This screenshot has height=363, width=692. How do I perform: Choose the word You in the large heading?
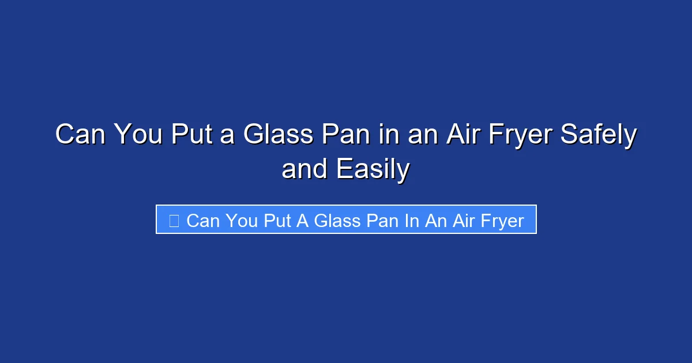click(x=133, y=136)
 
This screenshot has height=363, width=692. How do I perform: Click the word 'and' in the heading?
click(x=304, y=169)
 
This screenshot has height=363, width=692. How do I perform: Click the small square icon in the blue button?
click(x=174, y=220)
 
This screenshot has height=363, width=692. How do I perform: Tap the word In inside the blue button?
click(x=411, y=221)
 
